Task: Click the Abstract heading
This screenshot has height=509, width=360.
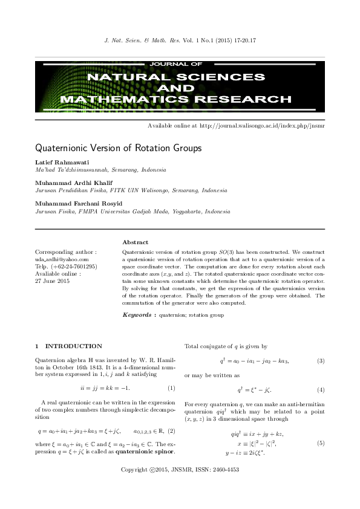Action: [135, 242]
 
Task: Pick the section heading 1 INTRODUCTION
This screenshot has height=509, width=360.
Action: [68, 346]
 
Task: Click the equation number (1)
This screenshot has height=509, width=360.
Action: [171, 387]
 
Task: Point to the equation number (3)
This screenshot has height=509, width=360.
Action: [321, 361]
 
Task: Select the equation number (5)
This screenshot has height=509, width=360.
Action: [321, 443]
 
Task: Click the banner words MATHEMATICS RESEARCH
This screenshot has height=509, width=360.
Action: [180, 99]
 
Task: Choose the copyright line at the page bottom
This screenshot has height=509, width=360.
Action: [180, 487]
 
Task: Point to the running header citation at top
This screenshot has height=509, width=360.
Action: [180, 41]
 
